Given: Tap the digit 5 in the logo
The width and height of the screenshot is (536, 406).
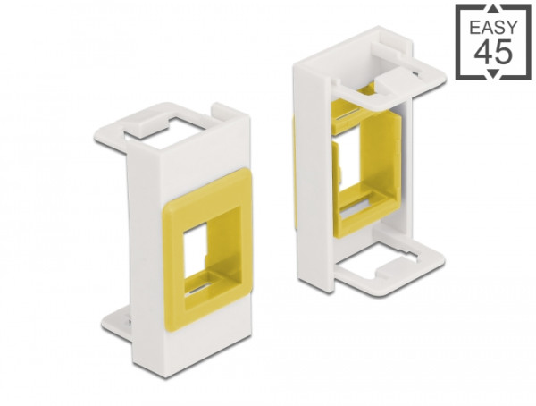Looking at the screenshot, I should (500, 53).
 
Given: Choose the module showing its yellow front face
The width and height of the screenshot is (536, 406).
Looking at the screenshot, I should (179, 233).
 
